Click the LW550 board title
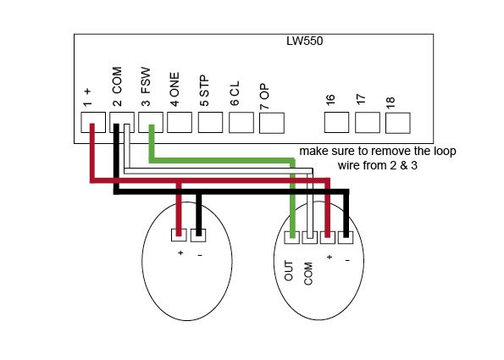click(x=304, y=42)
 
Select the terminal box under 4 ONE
click(x=180, y=122)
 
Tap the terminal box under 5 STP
click(x=210, y=122)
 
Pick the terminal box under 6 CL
click(x=241, y=123)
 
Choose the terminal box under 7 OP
click(x=272, y=123)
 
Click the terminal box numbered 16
click(x=336, y=122)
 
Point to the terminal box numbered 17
click(x=367, y=123)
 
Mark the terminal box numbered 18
click(x=397, y=123)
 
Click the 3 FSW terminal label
click(x=146, y=86)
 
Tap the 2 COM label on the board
click(x=117, y=86)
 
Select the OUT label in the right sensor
click(x=289, y=271)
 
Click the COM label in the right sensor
click(x=308, y=274)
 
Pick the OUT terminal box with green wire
click(x=292, y=237)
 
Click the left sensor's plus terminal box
click(x=179, y=235)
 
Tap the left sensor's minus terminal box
click(x=198, y=235)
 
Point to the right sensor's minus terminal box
click(x=346, y=237)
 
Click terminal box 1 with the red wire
click(x=93, y=122)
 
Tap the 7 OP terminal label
click(x=264, y=97)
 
